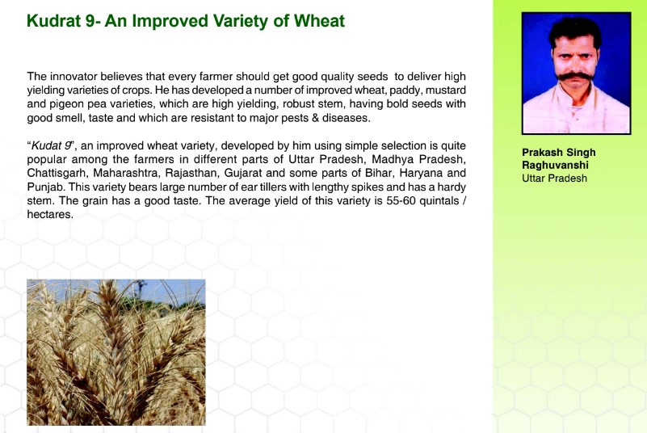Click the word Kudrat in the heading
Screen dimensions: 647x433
(x=54, y=21)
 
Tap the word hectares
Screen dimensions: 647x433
(x=49, y=215)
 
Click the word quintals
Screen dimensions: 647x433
(x=439, y=200)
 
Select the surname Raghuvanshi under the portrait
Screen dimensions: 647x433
(x=555, y=165)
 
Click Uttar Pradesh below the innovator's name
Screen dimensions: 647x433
(x=554, y=179)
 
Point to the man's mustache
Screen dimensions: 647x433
(x=575, y=77)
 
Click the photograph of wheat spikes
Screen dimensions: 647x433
(x=116, y=352)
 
